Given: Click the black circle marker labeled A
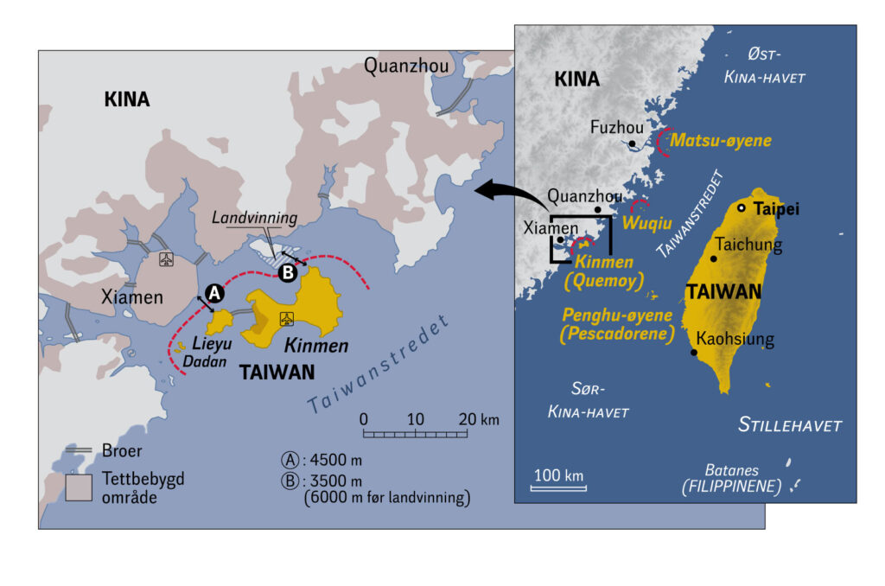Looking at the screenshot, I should (x=216, y=294).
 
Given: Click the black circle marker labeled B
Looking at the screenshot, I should (x=289, y=274).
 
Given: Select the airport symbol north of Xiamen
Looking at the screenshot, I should (x=166, y=258).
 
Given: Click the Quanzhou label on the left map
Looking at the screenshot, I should (x=401, y=66).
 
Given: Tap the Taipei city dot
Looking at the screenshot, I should (x=741, y=208).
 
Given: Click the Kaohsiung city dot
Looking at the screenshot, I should (x=694, y=353).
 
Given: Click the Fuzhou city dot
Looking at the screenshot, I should (x=633, y=143).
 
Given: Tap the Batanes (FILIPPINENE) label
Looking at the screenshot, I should (x=729, y=479).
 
